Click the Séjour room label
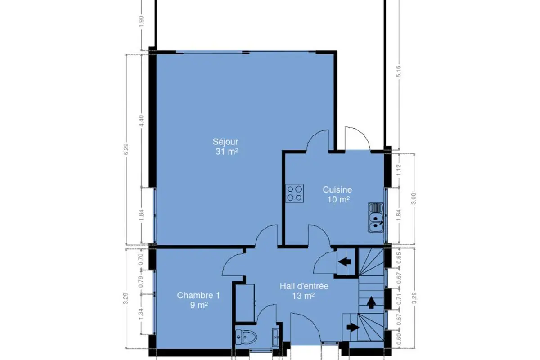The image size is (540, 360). tap(225, 142)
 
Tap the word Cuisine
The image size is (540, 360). tap(337, 190)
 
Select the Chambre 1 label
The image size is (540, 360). tap(198, 295)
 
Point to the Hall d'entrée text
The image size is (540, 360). tap(304, 286)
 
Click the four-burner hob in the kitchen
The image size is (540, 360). tap(295, 193)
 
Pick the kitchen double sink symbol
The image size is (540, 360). tap(376, 217)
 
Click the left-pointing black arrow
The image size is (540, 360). tap(345, 261)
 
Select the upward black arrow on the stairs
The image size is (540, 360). tap(371, 302)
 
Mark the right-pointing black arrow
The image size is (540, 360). tap(353, 328)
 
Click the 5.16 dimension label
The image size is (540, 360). tap(399, 72)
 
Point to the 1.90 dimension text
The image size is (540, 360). tap(141, 22)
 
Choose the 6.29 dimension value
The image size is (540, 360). tap(126, 149)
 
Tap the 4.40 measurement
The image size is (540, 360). tap(141, 121)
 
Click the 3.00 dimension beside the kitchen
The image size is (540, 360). tap(414, 199)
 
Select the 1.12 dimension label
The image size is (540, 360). tap(399, 170)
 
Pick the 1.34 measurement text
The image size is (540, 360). tap(141, 315)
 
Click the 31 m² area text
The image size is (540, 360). tap(227, 152)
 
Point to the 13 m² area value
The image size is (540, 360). tap(303, 296)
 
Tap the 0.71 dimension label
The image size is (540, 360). tap(399, 299)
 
